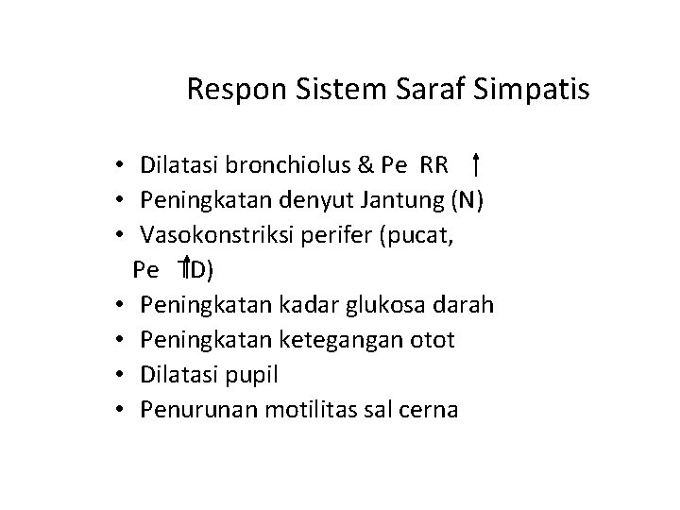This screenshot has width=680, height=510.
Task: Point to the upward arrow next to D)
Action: (188, 269)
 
